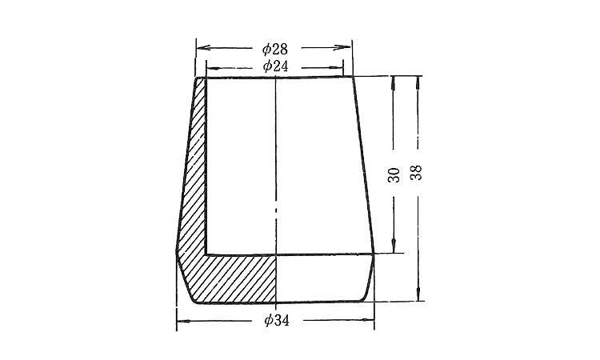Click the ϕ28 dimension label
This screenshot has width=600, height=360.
(274, 49)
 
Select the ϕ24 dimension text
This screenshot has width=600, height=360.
(275, 66)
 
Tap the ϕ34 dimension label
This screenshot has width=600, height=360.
(277, 320)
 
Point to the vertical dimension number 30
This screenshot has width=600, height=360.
(394, 175)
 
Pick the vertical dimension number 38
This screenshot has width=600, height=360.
(415, 173)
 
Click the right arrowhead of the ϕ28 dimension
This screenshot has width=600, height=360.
(344, 47)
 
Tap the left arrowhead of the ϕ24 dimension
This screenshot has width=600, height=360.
(213, 69)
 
